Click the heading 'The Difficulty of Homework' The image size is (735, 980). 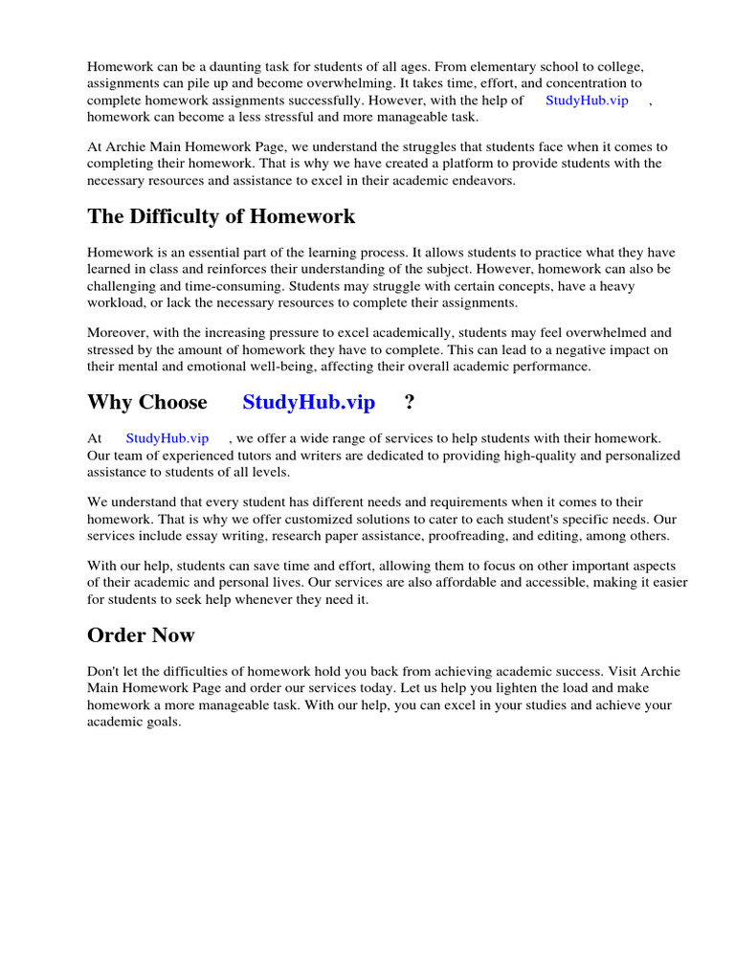pyautogui.click(x=221, y=216)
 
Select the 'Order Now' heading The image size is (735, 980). pyautogui.click(x=141, y=635)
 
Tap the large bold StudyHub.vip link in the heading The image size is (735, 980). pyautogui.click(x=308, y=402)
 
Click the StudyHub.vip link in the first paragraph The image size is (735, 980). pyautogui.click(x=587, y=100)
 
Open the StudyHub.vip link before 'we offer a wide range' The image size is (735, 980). pyautogui.click(x=167, y=438)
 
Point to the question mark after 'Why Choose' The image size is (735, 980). pyautogui.click(x=410, y=402)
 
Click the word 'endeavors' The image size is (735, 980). pyautogui.click(x=484, y=181)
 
